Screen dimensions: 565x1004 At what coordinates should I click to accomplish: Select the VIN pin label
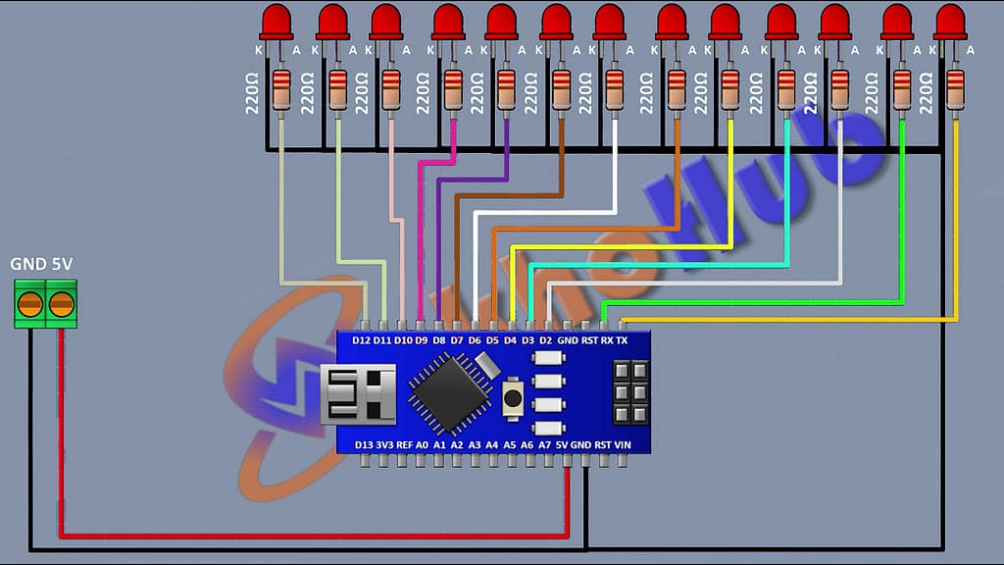click(x=622, y=444)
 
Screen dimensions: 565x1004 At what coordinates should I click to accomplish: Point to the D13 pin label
click(x=364, y=444)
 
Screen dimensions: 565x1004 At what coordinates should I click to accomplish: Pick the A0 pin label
click(x=422, y=444)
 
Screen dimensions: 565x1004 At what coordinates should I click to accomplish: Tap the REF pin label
click(x=403, y=444)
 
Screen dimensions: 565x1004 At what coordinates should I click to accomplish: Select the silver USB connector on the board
click(x=358, y=393)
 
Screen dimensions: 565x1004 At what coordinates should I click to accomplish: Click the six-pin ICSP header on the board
click(x=630, y=392)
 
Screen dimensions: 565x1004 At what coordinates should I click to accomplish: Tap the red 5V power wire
click(x=294, y=536)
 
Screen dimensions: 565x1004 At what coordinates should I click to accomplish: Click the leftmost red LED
click(x=278, y=22)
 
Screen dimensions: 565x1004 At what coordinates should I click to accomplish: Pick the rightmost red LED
click(x=950, y=22)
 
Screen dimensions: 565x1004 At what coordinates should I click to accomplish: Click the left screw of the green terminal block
click(x=31, y=303)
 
